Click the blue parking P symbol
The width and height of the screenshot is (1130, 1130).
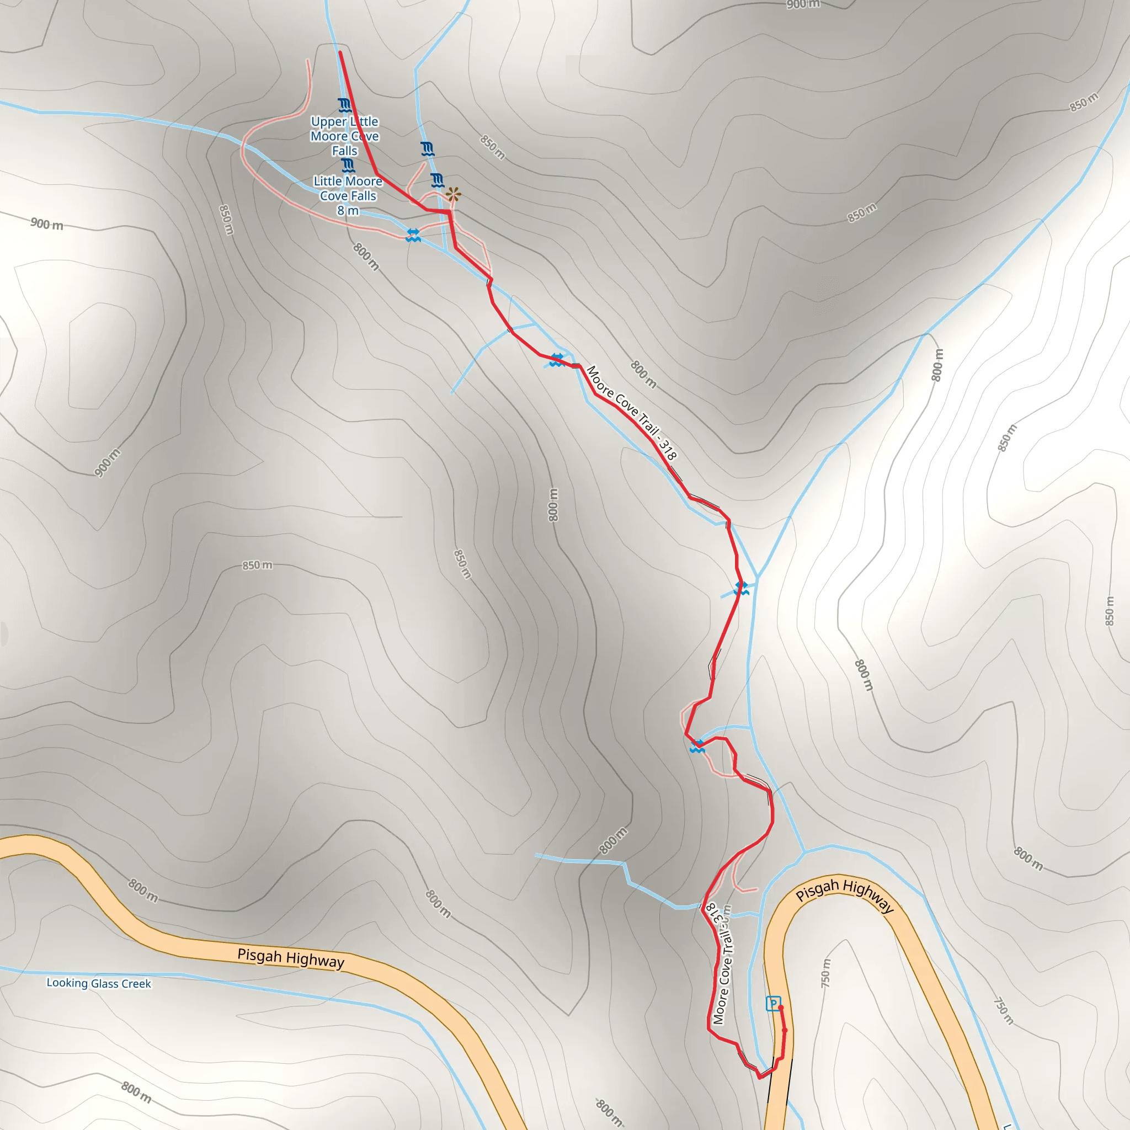pyautogui.click(x=772, y=1004)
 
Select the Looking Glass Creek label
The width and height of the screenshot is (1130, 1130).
pyautogui.click(x=99, y=983)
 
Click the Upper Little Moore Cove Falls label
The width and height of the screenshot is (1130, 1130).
pyautogui.click(x=344, y=136)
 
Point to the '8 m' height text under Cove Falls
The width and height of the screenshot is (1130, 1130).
pyautogui.click(x=348, y=211)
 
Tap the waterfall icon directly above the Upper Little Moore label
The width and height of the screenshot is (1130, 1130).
pyautogui.click(x=344, y=106)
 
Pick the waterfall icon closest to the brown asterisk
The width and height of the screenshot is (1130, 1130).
pyautogui.click(x=437, y=179)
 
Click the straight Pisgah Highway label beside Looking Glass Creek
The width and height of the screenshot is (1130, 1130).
pyautogui.click(x=291, y=958)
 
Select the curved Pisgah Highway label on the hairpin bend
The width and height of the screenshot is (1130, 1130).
pyautogui.click(x=845, y=895)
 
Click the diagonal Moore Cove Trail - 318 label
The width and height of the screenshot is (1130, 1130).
pyautogui.click(x=632, y=412)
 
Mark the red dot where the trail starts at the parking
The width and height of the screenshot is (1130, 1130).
pyautogui.click(x=781, y=1007)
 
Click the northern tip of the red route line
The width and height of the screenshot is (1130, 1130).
pyautogui.click(x=340, y=52)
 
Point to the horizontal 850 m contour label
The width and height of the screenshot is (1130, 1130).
pyautogui.click(x=257, y=565)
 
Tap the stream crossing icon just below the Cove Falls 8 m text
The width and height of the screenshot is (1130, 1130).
pyautogui.click(x=413, y=235)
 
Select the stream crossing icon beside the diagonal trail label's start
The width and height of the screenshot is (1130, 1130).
pyautogui.click(x=557, y=360)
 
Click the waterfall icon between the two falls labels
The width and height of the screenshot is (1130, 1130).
pyautogui.click(x=348, y=166)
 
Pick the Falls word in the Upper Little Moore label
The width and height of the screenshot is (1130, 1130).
pyautogui.click(x=344, y=151)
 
